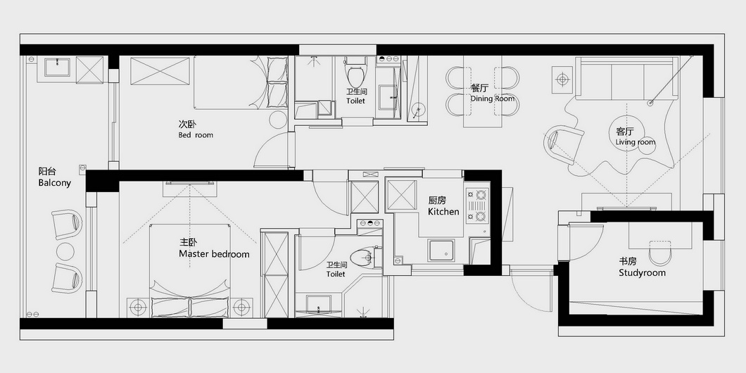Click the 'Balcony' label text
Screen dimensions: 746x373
tap(55, 183)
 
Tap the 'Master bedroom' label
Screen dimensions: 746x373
tap(214, 254)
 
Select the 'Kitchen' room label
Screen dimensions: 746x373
tap(443, 211)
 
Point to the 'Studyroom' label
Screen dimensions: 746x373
tap(643, 272)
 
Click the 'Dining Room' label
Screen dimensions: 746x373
tap(493, 99)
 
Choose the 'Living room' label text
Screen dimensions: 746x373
tap(635, 141)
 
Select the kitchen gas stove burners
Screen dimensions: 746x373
tap(477, 206)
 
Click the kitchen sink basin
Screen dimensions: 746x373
tap(441, 251)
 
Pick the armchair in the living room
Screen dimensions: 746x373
tap(563, 144)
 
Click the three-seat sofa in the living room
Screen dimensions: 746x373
tap(627, 78)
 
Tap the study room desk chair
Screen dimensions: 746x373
tap(659, 253)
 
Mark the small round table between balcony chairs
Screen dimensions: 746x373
tap(65, 251)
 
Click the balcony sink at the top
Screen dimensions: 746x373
tap(57, 67)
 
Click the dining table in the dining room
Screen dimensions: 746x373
tap(483, 91)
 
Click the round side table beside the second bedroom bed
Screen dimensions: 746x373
tap(278, 120)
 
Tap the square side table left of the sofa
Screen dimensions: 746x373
tap(563, 80)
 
